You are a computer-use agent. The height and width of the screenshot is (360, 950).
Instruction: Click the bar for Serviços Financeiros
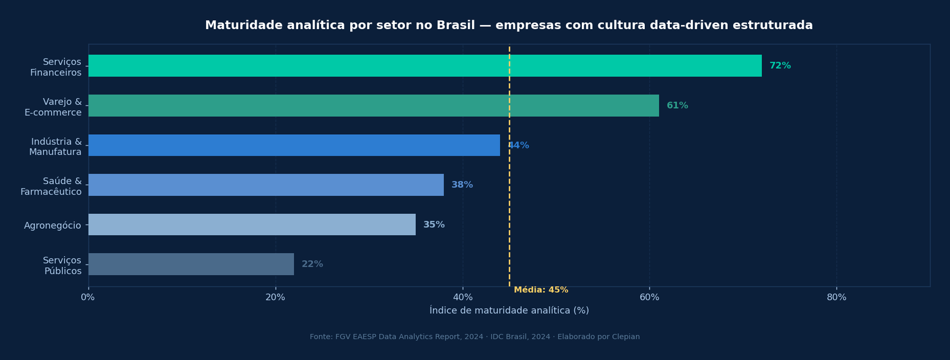tap(425, 66)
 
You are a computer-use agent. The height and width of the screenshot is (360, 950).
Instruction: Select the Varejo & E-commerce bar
tap(373, 106)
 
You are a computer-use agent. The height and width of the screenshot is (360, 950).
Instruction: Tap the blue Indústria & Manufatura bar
tap(294, 146)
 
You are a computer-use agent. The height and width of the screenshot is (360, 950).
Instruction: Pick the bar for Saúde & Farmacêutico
tap(266, 185)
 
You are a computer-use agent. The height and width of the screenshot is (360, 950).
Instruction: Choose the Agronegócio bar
tap(252, 225)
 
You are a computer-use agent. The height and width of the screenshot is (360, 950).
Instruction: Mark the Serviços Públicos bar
tap(191, 264)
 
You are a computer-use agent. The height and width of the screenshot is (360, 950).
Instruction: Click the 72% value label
tap(780, 66)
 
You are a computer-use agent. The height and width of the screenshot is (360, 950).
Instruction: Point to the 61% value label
tap(677, 106)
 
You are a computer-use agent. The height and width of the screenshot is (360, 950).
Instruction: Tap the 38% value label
tap(462, 185)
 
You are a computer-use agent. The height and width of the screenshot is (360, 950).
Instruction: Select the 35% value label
tap(433, 225)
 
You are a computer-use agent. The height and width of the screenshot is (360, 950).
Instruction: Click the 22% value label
tap(312, 264)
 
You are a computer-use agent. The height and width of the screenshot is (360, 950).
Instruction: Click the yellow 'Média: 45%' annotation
tap(541, 290)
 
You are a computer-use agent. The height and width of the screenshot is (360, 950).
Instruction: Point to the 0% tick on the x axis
tap(88, 298)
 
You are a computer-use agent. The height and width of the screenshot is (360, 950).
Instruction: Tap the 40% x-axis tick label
tap(463, 298)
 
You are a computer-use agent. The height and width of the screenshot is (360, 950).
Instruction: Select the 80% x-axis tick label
tap(836, 298)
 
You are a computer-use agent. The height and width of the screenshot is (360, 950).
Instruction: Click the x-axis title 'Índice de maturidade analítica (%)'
tap(509, 311)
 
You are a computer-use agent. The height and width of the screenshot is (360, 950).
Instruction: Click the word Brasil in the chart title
tap(455, 26)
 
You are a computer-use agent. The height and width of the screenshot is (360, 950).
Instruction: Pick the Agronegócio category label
tap(52, 226)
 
